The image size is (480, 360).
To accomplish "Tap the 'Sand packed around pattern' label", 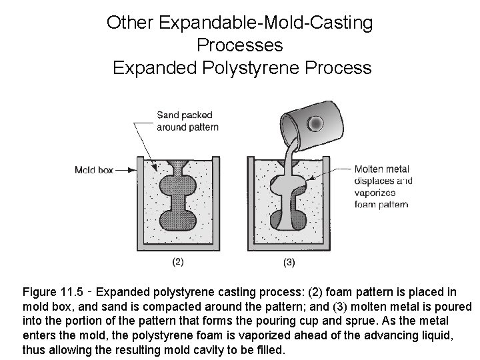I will click(187, 121).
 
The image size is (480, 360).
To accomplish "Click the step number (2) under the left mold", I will click(178, 262).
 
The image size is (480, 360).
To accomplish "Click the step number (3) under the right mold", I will click(289, 262).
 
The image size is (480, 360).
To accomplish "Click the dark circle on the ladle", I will click(315, 123).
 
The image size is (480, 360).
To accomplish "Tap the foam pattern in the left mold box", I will click(179, 200).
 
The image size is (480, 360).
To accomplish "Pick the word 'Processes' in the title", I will click(240, 45).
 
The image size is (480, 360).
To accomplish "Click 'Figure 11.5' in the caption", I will click(53, 292).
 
